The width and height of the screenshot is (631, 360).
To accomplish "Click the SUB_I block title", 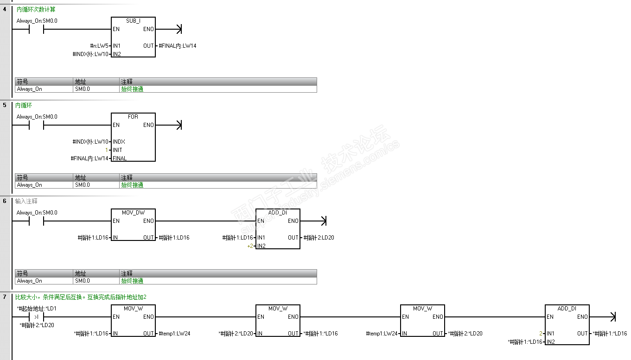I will point(133,21).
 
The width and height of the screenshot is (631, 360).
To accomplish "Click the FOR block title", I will point(133,117).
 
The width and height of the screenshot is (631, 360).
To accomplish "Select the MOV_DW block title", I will point(133,213).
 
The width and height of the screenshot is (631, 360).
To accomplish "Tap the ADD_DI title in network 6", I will point(278,213).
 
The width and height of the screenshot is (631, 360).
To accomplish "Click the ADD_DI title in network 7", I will point(567,309).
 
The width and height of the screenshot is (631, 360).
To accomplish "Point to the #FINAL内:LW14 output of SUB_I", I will point(178,46).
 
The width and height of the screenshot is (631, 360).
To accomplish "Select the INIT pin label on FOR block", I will point(117,150).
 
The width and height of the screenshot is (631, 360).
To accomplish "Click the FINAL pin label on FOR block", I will point(119,158).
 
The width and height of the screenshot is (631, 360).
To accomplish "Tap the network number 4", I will point(5,9).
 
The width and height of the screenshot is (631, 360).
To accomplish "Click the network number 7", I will point(5,297).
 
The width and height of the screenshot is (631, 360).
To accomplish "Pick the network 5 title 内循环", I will point(24,106).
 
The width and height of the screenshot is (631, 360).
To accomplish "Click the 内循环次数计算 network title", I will point(36,9).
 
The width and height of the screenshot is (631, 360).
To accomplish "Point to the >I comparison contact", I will point(36,317).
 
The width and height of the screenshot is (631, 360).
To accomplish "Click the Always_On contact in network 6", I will point(36,221).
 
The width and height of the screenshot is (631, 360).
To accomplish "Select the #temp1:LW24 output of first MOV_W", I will point(174,334).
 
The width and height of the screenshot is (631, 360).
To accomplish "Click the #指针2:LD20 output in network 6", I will point(319,238).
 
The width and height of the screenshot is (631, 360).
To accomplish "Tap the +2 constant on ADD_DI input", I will point(250,246).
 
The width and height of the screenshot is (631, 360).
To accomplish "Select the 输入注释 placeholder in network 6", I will point(26,202).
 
